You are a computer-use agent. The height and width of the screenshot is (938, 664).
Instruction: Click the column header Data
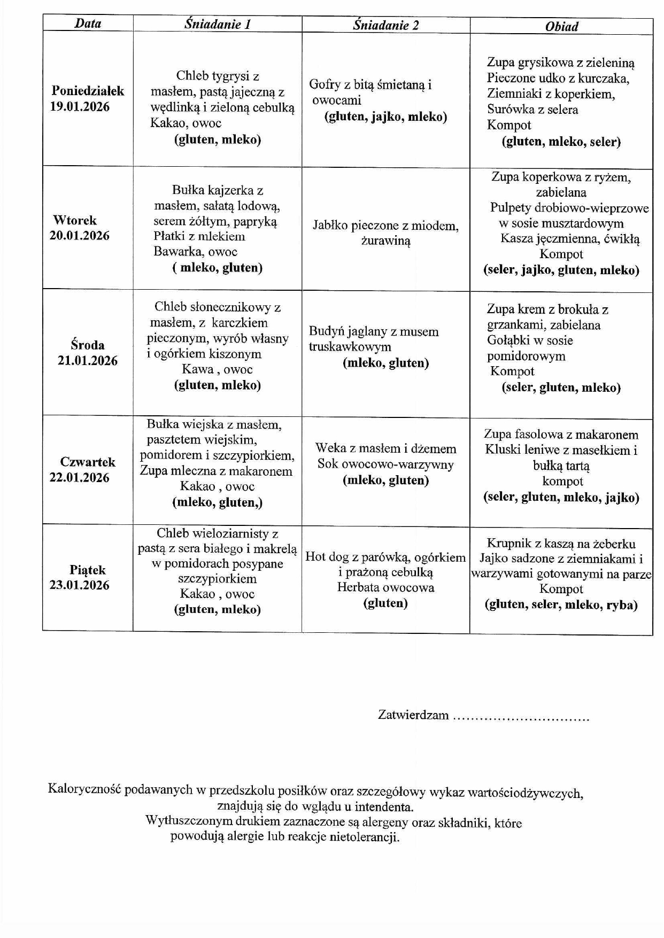88,23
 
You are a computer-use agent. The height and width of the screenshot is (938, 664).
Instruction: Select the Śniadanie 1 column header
218,24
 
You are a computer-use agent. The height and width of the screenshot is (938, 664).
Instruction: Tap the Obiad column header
561,26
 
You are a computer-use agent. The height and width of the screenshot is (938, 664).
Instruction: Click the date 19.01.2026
80,106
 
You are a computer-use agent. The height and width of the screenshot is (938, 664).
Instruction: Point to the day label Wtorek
75,220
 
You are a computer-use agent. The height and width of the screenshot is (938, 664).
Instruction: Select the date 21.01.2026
88,360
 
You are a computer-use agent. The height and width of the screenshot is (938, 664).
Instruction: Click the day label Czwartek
88,462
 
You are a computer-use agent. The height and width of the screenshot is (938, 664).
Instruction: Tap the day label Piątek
88,570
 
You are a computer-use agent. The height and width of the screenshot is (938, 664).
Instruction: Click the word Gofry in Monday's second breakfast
325,84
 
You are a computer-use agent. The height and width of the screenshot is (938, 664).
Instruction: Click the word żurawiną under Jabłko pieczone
385,241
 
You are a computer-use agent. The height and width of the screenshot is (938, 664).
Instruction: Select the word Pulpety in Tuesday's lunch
509,208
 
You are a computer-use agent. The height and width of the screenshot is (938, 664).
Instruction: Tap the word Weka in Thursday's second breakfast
328,448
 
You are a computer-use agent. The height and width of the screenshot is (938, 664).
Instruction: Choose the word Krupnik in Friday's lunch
508,544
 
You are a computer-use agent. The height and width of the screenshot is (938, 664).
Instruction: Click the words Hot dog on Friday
327,557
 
